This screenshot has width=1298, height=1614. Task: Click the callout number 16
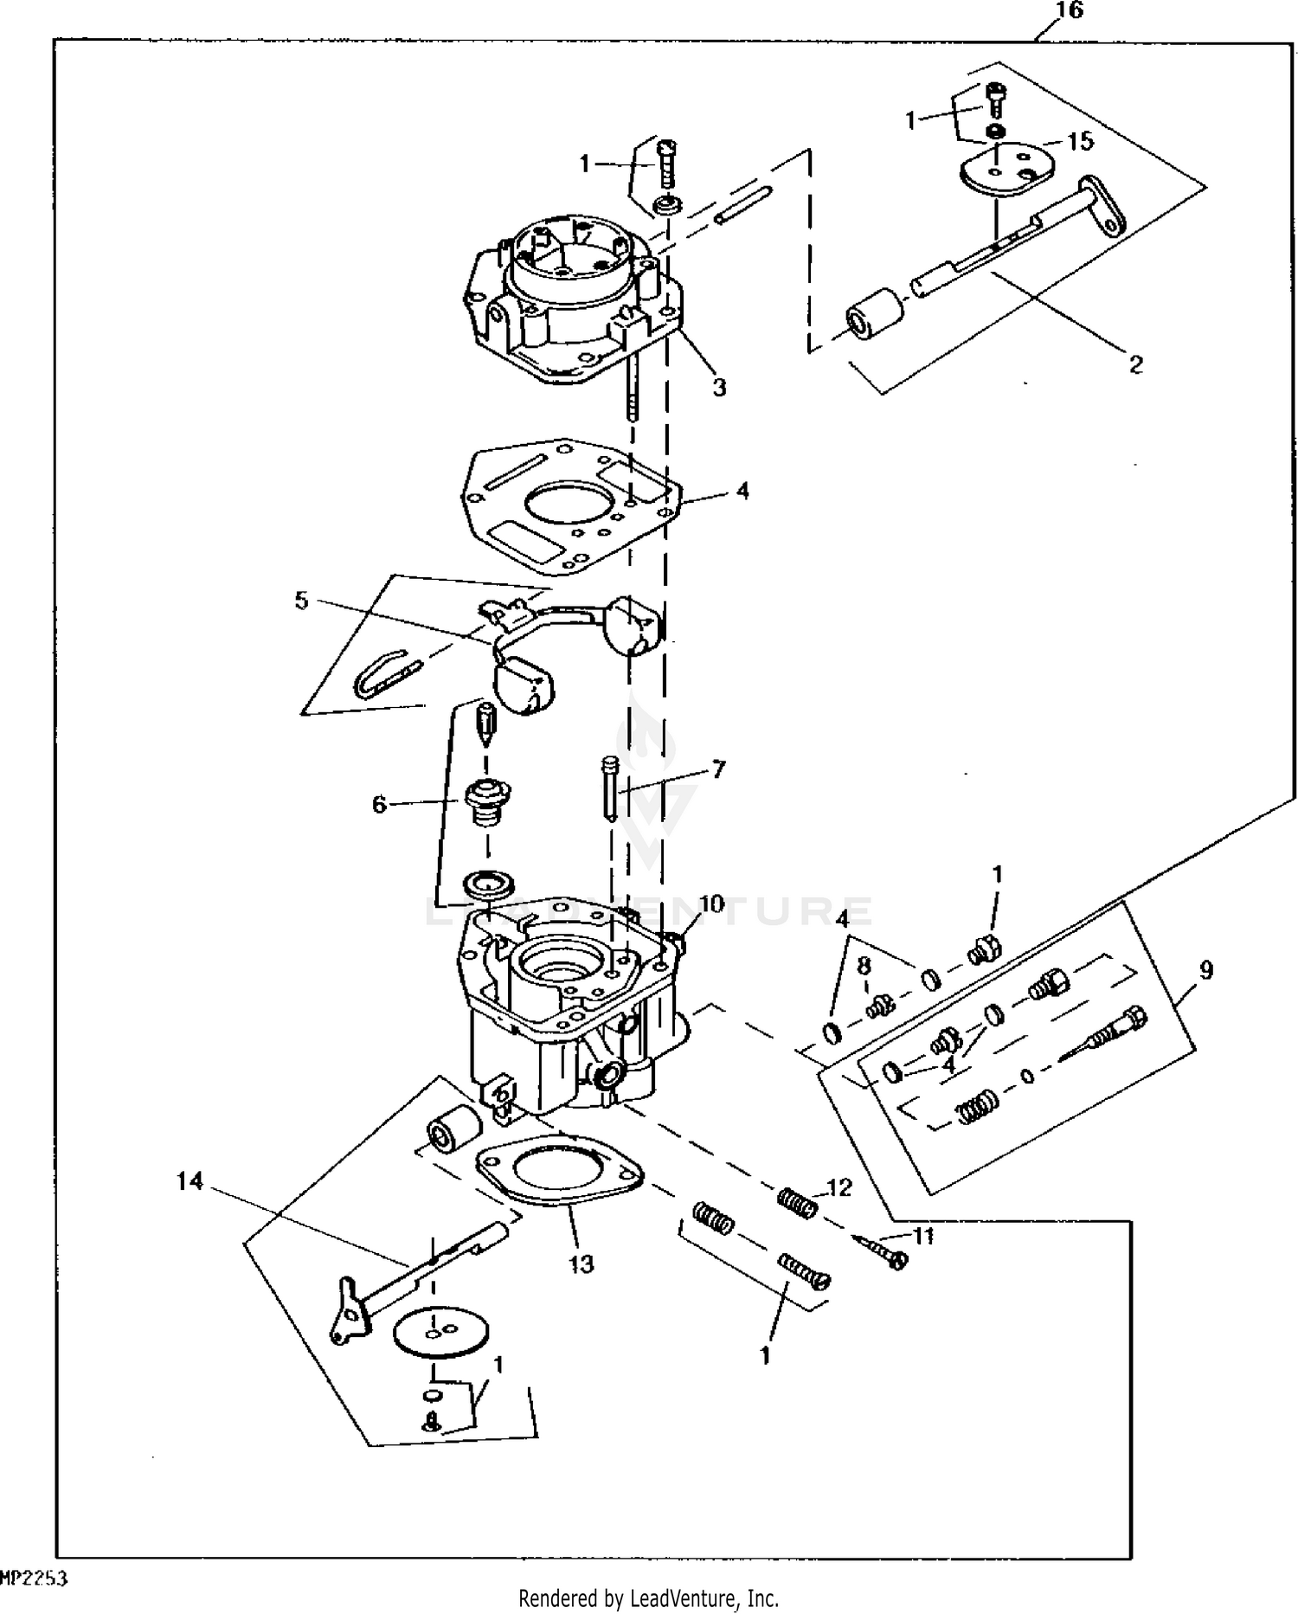point(1070,11)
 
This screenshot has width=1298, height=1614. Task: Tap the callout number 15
point(1081,141)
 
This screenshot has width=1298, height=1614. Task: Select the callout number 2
point(1136,364)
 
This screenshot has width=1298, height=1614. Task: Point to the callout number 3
point(719,387)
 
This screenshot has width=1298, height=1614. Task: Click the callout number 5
point(301,600)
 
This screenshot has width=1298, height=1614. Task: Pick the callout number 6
point(379,805)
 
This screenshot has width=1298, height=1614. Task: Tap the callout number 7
point(717,768)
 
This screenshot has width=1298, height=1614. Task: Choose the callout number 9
point(1206,970)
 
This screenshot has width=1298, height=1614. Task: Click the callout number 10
point(711,904)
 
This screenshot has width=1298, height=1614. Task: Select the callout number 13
point(582,1264)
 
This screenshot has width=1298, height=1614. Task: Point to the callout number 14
point(190,1180)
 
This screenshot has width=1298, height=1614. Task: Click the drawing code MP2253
point(35,1578)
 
